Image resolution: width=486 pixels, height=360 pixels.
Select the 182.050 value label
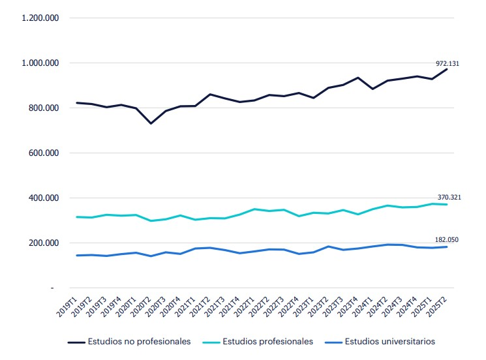[447, 240]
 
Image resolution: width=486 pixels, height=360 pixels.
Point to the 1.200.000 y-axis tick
[40, 18]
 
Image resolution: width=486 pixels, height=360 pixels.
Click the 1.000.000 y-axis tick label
[40, 63]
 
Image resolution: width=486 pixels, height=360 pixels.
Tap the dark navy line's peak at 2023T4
[358, 78]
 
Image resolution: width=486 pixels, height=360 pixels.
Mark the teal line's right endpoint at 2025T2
[447, 205]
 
